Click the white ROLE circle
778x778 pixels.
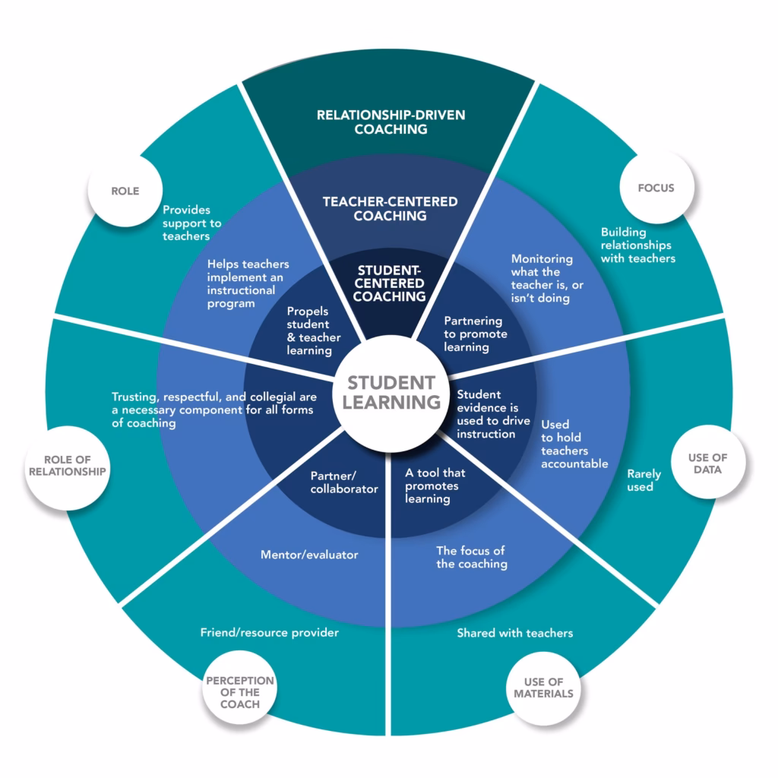click(x=125, y=191)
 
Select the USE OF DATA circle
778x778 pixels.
click(x=707, y=463)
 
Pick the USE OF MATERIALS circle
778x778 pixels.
click(x=542, y=687)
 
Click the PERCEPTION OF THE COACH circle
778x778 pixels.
click(x=239, y=692)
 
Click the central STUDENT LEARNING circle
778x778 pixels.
click(x=391, y=392)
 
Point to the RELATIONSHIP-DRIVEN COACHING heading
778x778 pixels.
click(x=391, y=122)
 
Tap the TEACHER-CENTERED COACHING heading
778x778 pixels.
click(x=391, y=208)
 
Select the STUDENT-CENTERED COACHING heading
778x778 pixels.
click(x=391, y=283)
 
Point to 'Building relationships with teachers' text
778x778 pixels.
click(x=637, y=245)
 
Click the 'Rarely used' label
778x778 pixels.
click(x=644, y=480)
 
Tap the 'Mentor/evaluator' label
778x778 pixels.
click(x=309, y=555)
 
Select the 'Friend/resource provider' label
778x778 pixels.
click(x=270, y=632)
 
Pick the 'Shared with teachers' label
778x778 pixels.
click(x=514, y=633)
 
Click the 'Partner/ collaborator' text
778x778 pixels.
click(x=343, y=482)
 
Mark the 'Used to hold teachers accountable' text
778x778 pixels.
click(x=574, y=444)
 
